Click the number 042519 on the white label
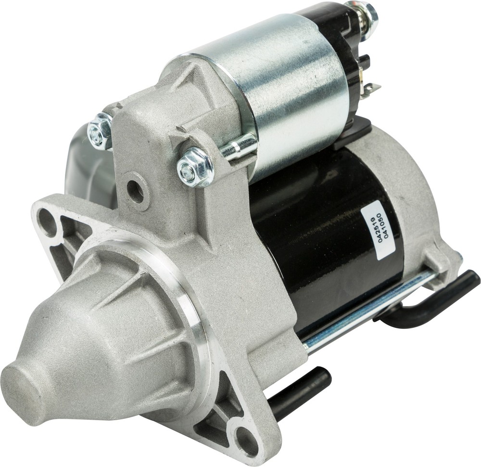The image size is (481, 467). [380, 226]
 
